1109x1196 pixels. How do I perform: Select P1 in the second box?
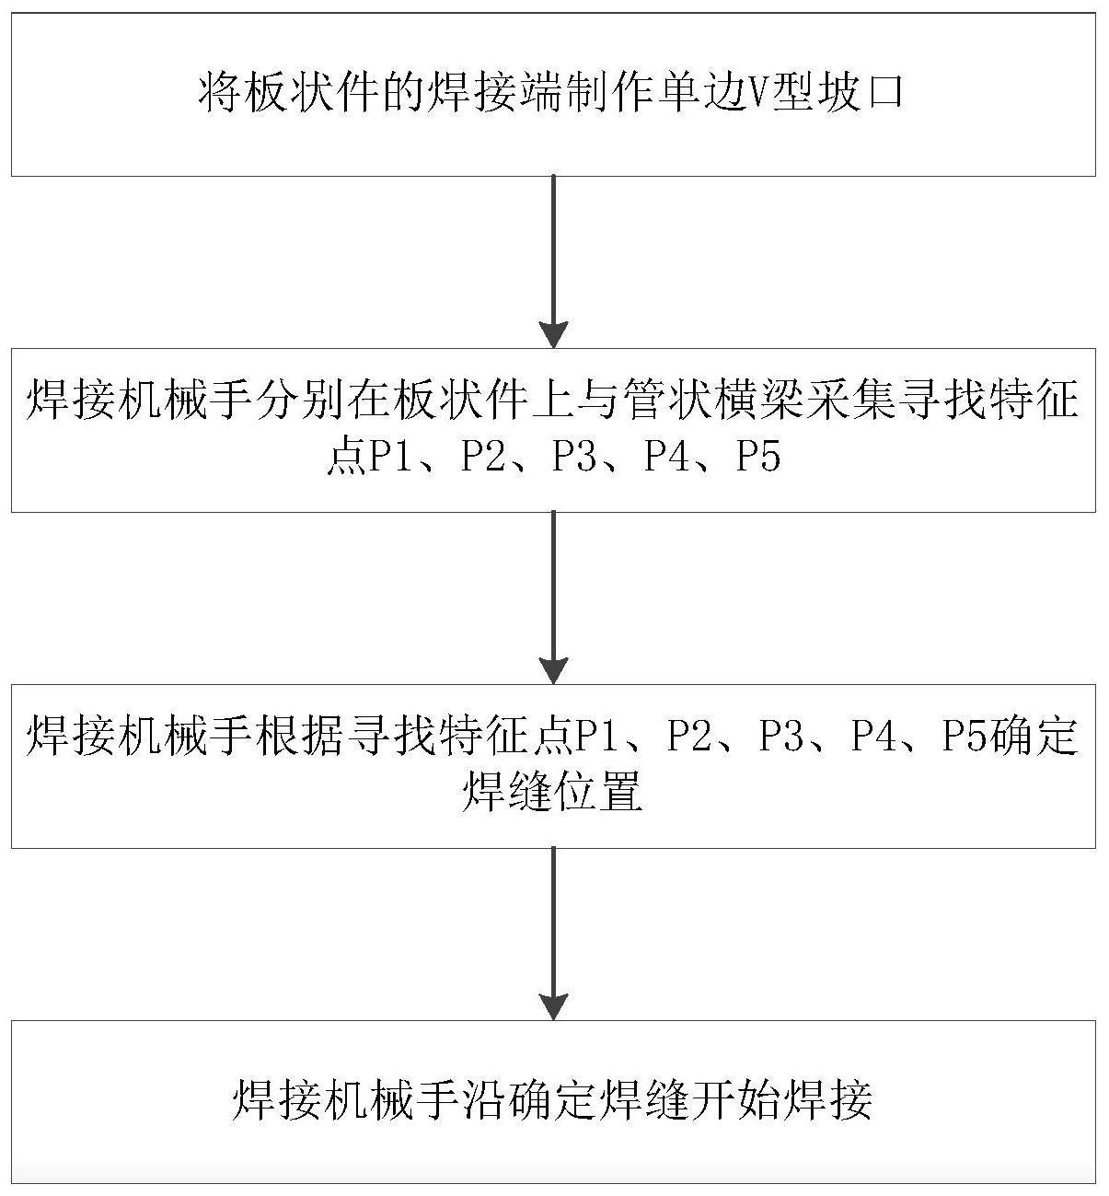tap(390, 457)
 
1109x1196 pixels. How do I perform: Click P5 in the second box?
tap(758, 457)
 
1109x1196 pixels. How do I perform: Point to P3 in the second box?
tap(574, 457)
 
